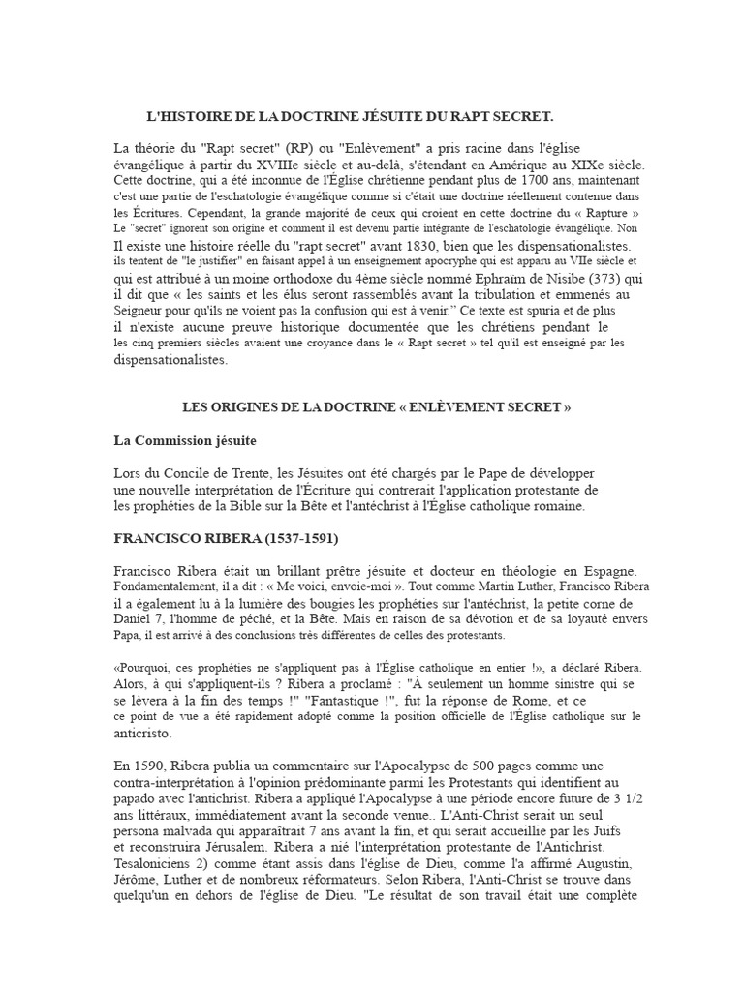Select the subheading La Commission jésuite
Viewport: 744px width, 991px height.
(x=185, y=440)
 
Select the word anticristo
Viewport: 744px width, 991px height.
(x=143, y=733)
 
